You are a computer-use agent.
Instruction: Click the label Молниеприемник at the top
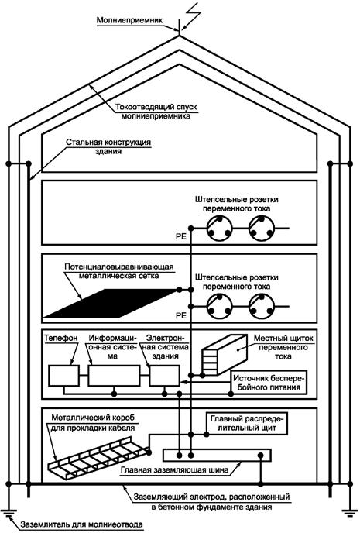(129, 20)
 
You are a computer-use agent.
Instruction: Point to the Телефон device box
(64, 376)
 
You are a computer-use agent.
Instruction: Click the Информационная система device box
(114, 376)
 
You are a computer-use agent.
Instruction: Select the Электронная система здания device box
(164, 376)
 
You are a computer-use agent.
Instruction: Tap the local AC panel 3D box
(225, 355)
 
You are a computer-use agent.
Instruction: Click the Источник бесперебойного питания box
(269, 383)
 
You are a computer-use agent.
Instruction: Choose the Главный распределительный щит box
(247, 424)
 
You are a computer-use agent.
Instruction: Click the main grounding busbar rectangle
(217, 456)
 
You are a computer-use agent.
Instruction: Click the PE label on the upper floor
(181, 236)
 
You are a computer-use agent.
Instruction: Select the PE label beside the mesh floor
(181, 315)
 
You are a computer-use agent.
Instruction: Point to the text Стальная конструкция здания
(108, 146)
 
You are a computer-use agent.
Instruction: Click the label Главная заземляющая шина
(174, 470)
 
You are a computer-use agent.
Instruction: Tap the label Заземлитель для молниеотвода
(81, 524)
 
